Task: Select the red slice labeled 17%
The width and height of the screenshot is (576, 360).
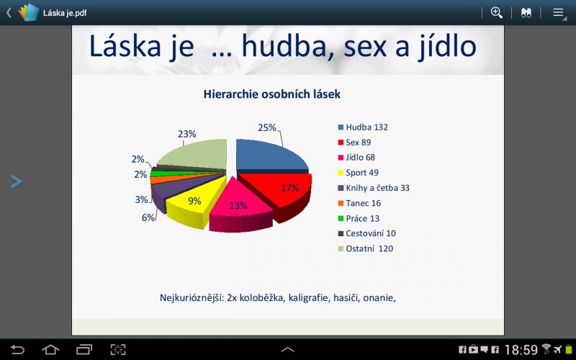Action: (x=283, y=193)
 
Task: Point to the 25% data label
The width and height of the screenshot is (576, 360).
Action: (x=266, y=127)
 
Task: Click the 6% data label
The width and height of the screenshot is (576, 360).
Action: (x=148, y=217)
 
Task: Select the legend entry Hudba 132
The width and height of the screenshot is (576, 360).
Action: (x=363, y=127)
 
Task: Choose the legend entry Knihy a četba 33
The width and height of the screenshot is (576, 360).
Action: (x=374, y=188)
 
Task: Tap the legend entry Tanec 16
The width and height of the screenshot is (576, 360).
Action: (x=359, y=203)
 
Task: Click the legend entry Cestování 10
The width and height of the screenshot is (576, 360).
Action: (x=366, y=233)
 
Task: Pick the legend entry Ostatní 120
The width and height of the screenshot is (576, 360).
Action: (x=366, y=248)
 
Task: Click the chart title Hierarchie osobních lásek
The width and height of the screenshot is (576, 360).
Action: (x=272, y=94)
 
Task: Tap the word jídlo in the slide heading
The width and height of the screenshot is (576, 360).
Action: (x=447, y=46)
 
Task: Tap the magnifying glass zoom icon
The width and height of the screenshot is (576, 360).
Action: (x=497, y=13)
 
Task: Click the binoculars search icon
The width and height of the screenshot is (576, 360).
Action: (x=526, y=13)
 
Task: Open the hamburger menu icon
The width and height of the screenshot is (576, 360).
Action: (x=559, y=13)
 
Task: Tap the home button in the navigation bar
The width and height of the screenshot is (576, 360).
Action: (x=50, y=349)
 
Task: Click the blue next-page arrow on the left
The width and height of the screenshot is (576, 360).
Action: (x=17, y=181)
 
